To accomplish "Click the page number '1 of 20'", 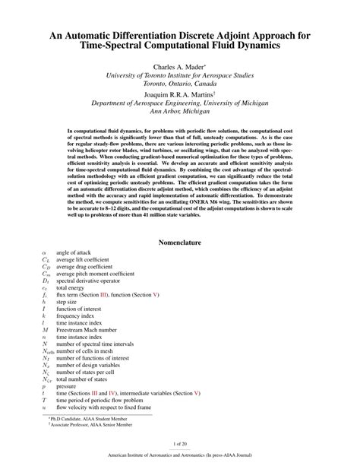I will click(x=180, y=443).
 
